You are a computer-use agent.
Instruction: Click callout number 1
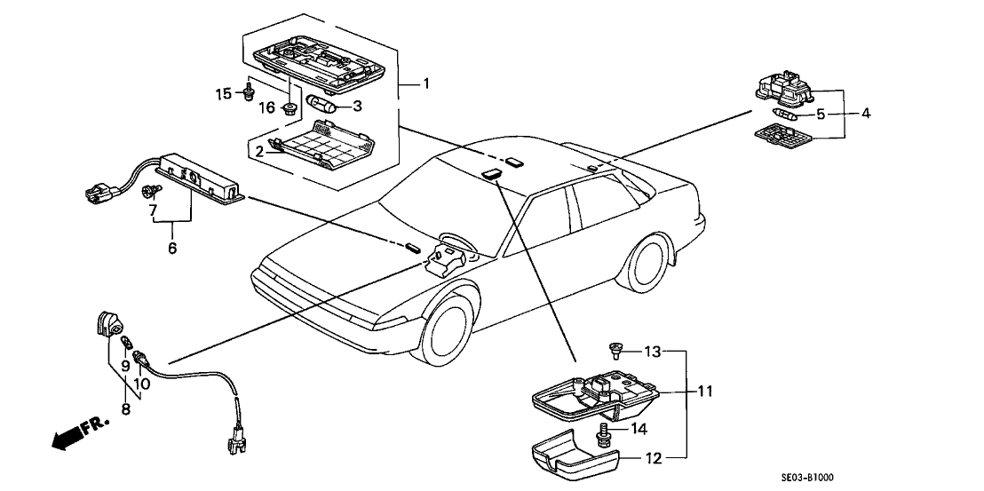[x=426, y=84]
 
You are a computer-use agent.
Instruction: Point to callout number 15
[x=223, y=93]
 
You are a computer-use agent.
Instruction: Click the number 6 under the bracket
[x=172, y=249]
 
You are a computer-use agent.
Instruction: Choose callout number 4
[x=866, y=113]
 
